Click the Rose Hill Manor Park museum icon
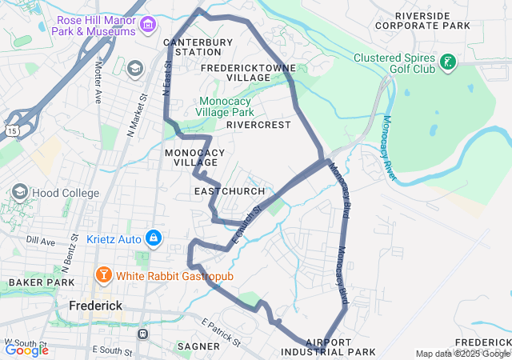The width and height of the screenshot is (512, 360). coord(146,25)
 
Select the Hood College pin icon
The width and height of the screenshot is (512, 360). coord(19,192)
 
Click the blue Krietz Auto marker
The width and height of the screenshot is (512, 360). coord(154,238)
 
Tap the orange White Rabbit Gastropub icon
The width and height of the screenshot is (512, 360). coord(103,276)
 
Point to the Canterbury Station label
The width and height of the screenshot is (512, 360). coord(192,46)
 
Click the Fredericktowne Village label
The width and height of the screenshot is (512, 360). coord(248,73)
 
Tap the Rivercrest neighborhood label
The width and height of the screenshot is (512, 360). coord(258,125)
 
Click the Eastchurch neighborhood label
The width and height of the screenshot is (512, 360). coord(222,192)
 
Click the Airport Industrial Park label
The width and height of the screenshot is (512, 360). coord(328,347)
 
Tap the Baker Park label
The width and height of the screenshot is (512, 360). coord(30,283)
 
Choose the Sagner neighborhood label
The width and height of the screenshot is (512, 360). coord(197,346)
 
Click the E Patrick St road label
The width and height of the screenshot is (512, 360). coord(221,331)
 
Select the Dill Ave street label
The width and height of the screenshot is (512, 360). coord(41,240)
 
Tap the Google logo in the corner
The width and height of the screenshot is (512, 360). coord(26,350)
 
